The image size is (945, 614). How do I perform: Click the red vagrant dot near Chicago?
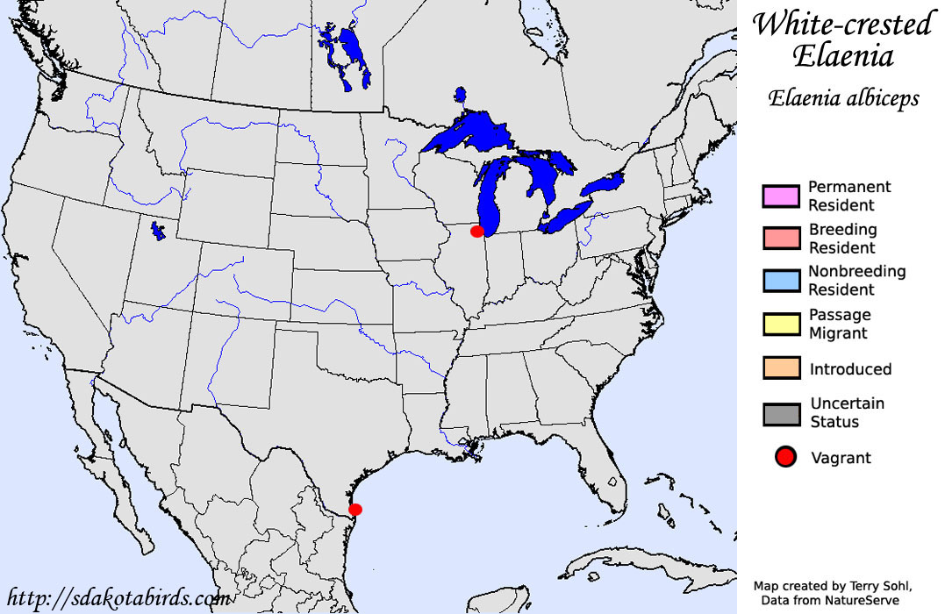click(x=477, y=232)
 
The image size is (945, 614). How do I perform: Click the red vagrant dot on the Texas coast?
click(x=354, y=509)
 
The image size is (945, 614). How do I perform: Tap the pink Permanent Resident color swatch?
click(x=781, y=196)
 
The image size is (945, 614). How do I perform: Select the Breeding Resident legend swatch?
click(x=781, y=238)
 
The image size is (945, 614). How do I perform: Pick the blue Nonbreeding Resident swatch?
click(x=781, y=280)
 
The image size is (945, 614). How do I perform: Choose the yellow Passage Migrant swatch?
click(x=781, y=324)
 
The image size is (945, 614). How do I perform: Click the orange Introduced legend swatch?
click(x=781, y=368)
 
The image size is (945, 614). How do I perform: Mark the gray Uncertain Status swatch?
click(x=781, y=412)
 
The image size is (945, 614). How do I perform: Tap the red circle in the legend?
click(x=785, y=457)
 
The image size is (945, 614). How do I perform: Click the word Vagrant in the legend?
click(x=841, y=458)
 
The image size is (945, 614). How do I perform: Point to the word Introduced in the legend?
click(x=850, y=369)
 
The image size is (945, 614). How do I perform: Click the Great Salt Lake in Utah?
click(x=158, y=231)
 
